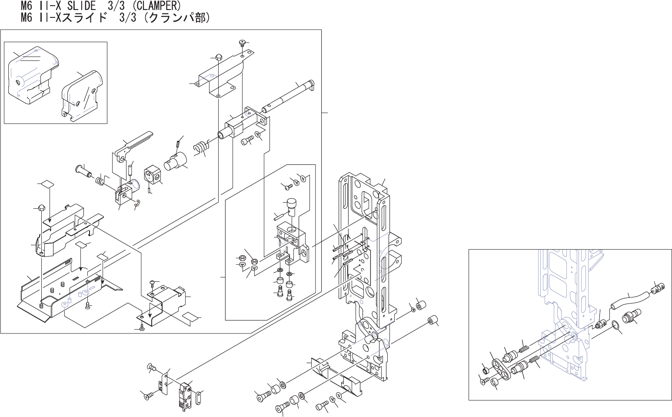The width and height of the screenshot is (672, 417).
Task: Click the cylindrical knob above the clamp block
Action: [291, 206]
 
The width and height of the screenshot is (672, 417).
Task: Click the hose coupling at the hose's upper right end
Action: [657, 287]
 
